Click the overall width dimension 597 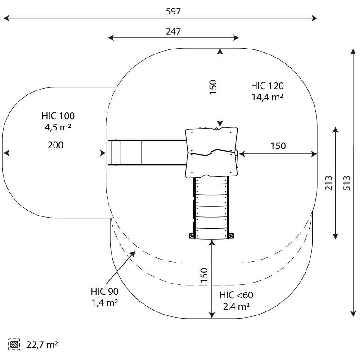(173, 12)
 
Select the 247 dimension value (173, 31)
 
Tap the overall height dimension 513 (347, 182)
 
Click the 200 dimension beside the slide (56, 145)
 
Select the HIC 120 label (267, 86)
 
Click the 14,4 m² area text (267, 97)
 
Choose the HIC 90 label (104, 292)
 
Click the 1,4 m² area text (104, 303)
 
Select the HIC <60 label (236, 296)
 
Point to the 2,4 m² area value (236, 306)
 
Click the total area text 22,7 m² (42, 345)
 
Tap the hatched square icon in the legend (14, 345)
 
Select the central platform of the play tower (211, 152)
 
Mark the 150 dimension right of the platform (278, 146)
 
